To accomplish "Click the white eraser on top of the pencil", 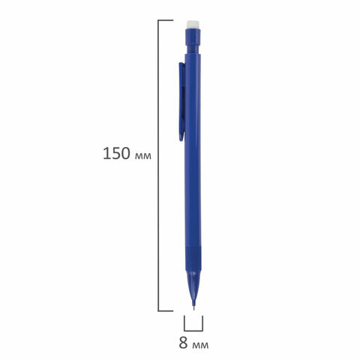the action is (x=193, y=25).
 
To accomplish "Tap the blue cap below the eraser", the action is (x=193, y=37).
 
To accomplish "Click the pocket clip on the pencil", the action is (x=182, y=102).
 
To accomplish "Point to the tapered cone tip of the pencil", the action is (x=193, y=286).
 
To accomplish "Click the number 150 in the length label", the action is (x=117, y=154).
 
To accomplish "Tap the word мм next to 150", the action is (x=143, y=156).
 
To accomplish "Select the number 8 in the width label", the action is (x=183, y=343).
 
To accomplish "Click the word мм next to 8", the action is (x=200, y=345).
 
